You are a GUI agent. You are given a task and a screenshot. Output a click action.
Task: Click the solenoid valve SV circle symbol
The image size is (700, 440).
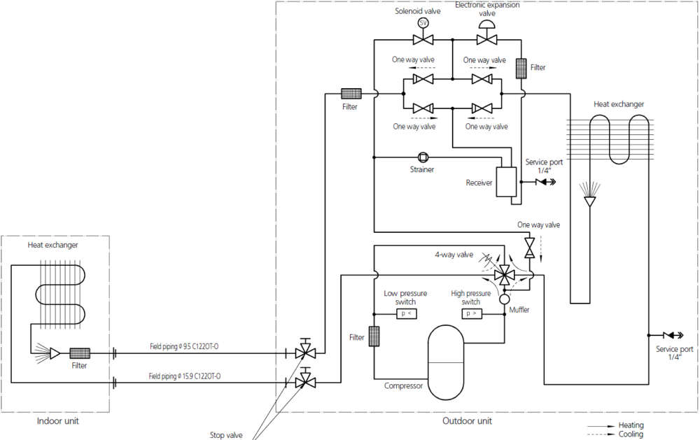(423, 22)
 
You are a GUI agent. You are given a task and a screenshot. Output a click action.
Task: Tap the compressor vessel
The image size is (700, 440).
(446, 362)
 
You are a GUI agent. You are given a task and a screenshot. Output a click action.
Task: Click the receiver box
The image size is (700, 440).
(505, 183)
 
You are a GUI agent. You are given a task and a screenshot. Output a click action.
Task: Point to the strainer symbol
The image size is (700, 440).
(423, 157)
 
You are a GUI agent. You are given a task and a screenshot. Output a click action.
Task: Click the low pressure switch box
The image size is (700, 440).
(406, 313)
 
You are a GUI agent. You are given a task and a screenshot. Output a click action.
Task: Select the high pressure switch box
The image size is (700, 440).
(470, 313)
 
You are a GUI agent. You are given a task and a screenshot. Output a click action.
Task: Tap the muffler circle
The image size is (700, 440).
(503, 299)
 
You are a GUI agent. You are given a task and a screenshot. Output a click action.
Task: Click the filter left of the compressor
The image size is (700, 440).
(374, 336)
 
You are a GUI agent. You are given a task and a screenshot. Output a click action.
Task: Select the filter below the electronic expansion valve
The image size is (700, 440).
(521, 68)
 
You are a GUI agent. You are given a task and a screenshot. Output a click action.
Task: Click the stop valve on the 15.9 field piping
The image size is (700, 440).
(304, 382)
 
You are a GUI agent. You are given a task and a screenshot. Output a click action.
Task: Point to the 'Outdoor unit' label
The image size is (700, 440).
(467, 421)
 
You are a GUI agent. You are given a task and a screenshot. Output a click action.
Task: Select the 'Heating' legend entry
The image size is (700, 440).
(631, 425)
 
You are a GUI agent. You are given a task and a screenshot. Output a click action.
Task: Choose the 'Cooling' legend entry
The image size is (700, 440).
(631, 434)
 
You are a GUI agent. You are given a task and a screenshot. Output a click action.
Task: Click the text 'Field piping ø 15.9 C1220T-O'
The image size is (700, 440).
(185, 376)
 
